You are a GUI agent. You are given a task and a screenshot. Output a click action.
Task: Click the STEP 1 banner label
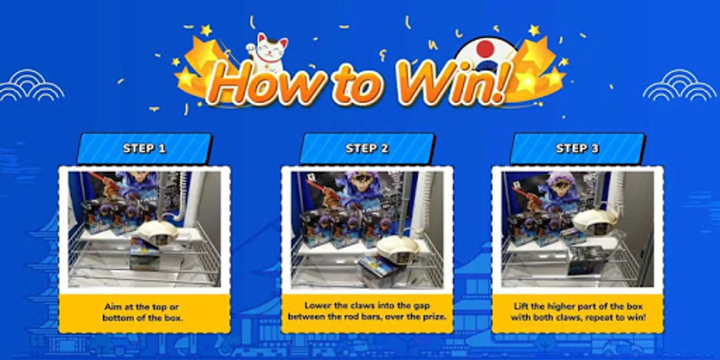coord(144,148)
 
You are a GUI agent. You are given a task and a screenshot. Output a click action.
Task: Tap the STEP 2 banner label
coord(367,148)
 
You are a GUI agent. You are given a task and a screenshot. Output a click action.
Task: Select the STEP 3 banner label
coord(577,148)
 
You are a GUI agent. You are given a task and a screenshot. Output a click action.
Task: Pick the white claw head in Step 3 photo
coord(590,220)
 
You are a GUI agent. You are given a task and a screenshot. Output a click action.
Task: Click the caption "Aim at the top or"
coord(141,307)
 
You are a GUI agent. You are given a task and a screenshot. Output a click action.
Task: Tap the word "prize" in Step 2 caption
coord(433,316)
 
